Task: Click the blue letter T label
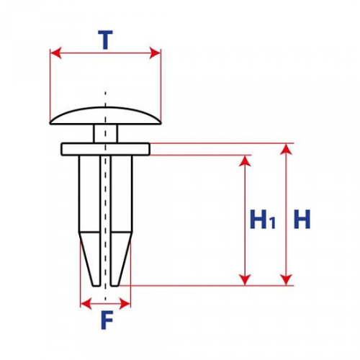click(105, 40)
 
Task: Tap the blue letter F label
click(107, 320)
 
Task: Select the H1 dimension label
click(262, 219)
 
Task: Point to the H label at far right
click(302, 219)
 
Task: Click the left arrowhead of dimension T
click(55, 53)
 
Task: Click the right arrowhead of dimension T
click(155, 53)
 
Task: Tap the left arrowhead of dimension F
click(86, 304)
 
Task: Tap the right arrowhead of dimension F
click(125, 304)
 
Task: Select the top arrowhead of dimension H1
click(245, 161)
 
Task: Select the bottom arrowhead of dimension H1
click(245, 280)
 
